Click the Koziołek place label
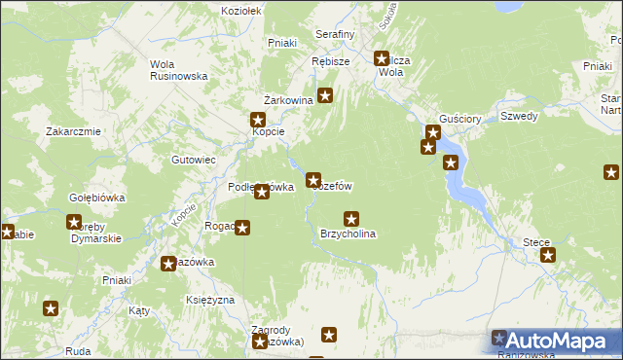point(241,12)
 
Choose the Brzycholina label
point(348,234)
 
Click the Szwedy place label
point(519,116)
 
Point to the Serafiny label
point(334,34)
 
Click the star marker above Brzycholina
point(351,219)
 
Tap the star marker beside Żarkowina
point(326,96)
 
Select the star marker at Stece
point(548,255)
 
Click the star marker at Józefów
point(313,179)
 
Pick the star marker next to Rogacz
point(242,229)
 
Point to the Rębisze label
point(330,60)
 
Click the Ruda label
point(79,350)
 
